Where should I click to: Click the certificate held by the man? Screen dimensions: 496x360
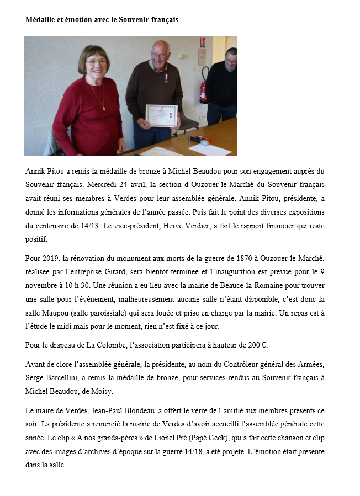pos(161,116)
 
